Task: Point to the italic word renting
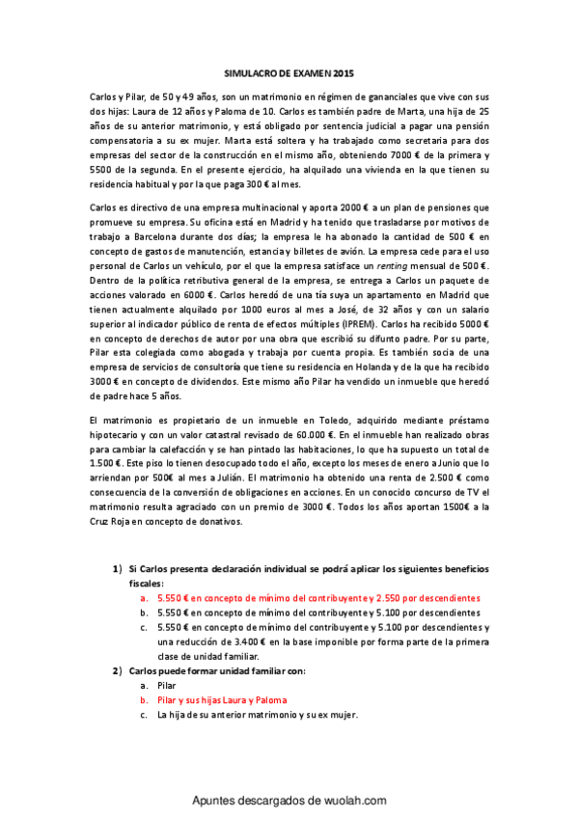tap(400, 264)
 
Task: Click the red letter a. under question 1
tap(144, 598)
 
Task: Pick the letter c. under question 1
tap(144, 627)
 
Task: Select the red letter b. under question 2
tap(144, 699)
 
